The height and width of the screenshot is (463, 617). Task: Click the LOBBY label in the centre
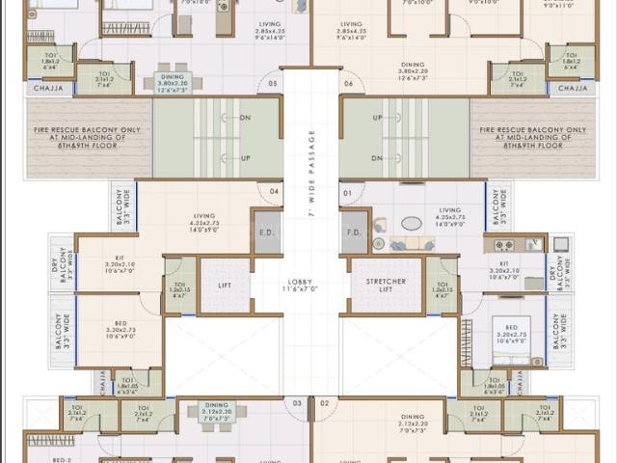(x=301, y=286)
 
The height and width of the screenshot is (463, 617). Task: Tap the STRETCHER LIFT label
(x=386, y=285)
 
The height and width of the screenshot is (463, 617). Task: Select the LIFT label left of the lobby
(x=225, y=286)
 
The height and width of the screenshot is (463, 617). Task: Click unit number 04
(x=275, y=191)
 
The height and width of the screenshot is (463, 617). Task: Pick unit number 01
(x=347, y=191)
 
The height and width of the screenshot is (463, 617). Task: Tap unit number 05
(x=274, y=84)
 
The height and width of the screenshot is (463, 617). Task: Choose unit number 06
(x=347, y=84)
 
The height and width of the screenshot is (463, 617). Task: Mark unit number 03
(x=297, y=402)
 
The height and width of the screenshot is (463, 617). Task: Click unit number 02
(x=324, y=402)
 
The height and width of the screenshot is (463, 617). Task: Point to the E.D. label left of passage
(x=264, y=231)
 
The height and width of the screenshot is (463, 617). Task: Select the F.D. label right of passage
(x=353, y=231)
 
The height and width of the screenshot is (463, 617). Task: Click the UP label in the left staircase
(x=246, y=157)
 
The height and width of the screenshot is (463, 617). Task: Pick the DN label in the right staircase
(x=376, y=157)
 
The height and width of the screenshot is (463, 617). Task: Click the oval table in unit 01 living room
(x=412, y=224)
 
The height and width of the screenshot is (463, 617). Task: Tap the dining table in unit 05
(x=174, y=82)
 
